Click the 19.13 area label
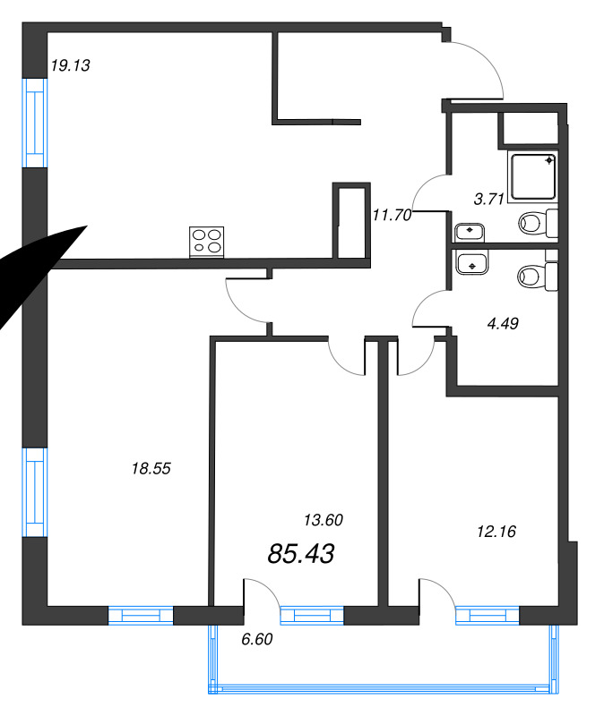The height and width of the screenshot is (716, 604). point(71,65)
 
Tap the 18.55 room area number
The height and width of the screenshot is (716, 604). point(151,468)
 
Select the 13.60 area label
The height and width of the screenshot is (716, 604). point(324,520)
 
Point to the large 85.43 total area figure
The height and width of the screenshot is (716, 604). point(301,554)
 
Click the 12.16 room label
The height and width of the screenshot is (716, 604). point(496,532)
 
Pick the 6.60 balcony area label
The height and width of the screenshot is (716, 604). point(257,639)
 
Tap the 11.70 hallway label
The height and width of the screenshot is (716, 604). point(392,215)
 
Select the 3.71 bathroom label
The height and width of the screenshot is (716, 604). point(488,199)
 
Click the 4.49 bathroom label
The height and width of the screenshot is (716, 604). point(503,324)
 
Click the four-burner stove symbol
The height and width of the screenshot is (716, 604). point(207,242)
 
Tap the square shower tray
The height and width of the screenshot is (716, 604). point(533,176)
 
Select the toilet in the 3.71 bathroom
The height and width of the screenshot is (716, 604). point(539,223)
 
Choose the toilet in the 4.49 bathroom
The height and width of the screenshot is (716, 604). point(538,277)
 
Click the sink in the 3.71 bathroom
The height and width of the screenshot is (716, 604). point(470,233)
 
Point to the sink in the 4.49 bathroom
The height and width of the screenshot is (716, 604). point(472,264)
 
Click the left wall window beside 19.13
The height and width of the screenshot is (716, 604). point(35,123)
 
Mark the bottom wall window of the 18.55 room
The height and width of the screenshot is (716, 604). point(141,616)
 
